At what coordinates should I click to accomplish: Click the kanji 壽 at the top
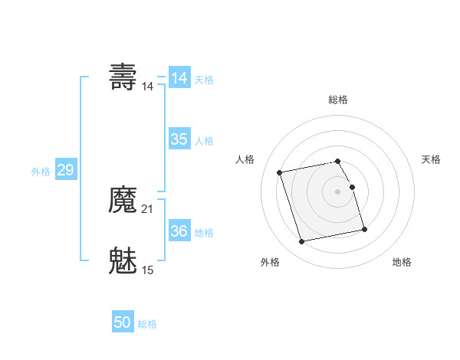pos(123,77)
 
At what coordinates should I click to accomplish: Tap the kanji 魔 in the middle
pos(123,201)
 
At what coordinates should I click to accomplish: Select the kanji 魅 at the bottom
pos(123,260)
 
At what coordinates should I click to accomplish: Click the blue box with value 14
pos(179,78)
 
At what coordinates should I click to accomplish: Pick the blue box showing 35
pos(179,139)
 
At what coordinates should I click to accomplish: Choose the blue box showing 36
pos(179,231)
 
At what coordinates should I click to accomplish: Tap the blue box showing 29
pos(65,170)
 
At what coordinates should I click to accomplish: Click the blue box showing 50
pos(123,322)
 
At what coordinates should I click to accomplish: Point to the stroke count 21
pos(148,209)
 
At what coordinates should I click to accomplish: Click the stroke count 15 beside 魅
pos(148,270)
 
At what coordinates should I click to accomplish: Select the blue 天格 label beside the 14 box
pos(204,80)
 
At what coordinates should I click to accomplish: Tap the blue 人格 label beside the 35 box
pos(204,141)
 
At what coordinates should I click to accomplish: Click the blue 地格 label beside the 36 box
pos(204,233)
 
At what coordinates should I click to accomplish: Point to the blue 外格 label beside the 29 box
pos(41,172)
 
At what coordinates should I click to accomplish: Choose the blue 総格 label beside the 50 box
pos(147,324)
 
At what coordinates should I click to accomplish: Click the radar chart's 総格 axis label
pos(338,100)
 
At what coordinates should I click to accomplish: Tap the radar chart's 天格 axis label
pos(431,159)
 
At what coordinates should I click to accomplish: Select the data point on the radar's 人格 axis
pos(280,172)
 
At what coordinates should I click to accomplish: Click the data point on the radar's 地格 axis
pos(364,229)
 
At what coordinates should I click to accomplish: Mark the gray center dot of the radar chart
pos(338,191)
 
